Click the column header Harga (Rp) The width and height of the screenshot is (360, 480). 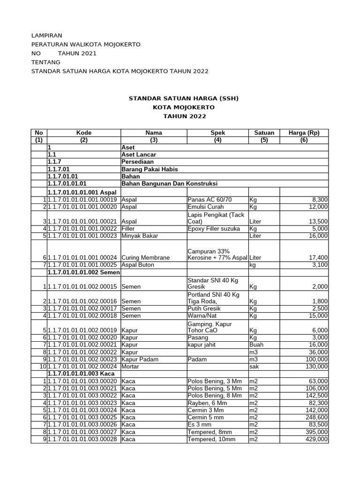(304, 133)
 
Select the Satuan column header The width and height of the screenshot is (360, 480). (264, 133)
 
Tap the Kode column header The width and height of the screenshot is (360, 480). (83, 133)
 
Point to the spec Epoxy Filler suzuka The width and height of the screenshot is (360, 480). (213, 228)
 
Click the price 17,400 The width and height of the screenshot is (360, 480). (317, 257)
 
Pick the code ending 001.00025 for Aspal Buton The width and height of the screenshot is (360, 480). (83, 265)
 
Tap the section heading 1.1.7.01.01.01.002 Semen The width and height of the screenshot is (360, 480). (83, 272)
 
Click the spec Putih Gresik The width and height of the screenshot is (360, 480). (203, 308)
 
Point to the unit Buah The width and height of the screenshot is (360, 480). (257, 345)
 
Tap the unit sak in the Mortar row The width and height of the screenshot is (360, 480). (254, 367)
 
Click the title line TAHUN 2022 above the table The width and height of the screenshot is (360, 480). (184, 116)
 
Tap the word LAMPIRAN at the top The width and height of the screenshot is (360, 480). (46, 35)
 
